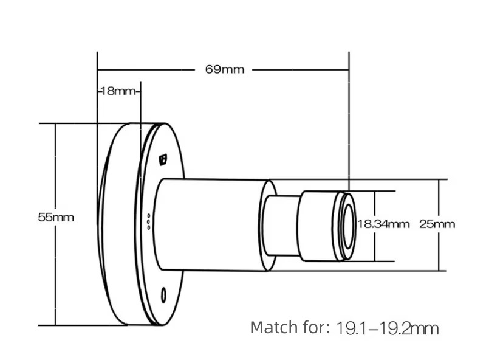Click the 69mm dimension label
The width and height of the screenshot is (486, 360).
(x=225, y=69)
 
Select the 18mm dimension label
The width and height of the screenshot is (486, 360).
(x=118, y=91)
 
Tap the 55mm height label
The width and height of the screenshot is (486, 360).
(x=56, y=216)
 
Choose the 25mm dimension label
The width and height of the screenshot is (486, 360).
(x=437, y=224)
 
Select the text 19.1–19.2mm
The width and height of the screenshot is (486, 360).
(x=387, y=328)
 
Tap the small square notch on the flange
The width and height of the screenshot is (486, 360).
(x=163, y=159)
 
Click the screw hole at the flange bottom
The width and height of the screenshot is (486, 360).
(x=163, y=296)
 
